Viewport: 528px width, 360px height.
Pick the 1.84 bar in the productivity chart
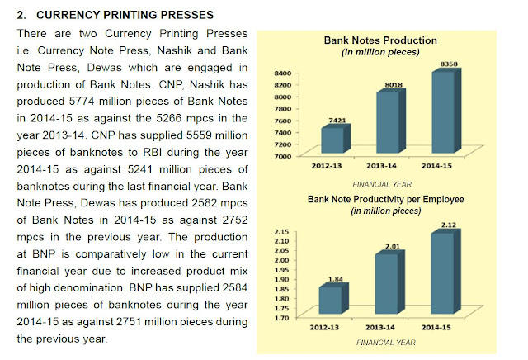click(333, 300)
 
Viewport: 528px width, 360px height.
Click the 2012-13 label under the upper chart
click(325, 168)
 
